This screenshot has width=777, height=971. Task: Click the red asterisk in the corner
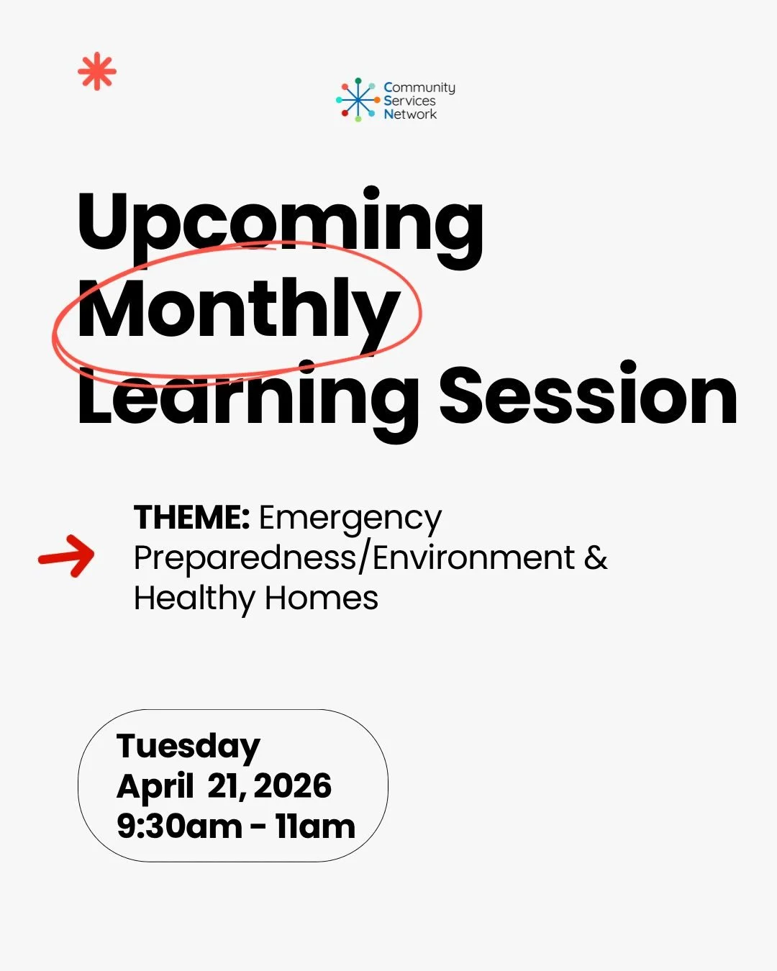pos(97,73)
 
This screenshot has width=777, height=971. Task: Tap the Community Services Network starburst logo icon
pos(358,100)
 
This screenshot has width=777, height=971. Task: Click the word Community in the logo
pos(419,88)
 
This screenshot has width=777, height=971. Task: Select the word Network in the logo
pos(410,114)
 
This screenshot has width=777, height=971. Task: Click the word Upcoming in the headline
pos(280,222)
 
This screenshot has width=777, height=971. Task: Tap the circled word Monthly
pos(237,310)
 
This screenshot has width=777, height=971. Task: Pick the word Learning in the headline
pos(247,396)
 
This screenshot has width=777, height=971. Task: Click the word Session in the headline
pos(588,396)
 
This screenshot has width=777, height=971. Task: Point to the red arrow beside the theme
pos(67,556)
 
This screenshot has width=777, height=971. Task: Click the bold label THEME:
pos(191,517)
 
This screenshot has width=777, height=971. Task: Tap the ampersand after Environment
pos(596,557)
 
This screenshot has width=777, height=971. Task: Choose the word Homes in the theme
pos(321,598)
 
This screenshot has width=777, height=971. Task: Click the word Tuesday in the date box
pos(188,747)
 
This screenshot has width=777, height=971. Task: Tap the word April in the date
pos(155,787)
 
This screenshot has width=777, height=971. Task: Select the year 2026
pos(293,786)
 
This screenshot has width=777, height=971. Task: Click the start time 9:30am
pos(179,826)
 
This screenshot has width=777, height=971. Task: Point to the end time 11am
pos(315,826)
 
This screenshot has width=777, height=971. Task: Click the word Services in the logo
pos(409,101)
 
